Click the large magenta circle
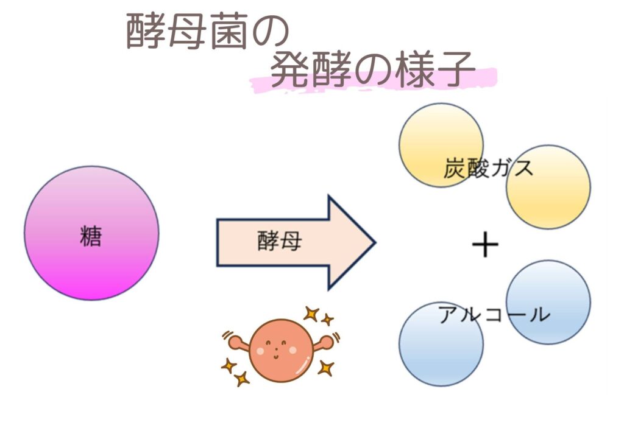[x=91, y=233]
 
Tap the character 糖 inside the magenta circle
[x=91, y=236]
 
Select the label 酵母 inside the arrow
[x=279, y=241]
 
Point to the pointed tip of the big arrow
[x=375, y=242]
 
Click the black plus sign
[x=485, y=245]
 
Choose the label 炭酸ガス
[x=488, y=168]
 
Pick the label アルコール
[x=494, y=314]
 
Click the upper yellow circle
[x=441, y=145]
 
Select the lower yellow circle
[x=548, y=187]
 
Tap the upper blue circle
[x=548, y=302]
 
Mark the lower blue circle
[x=441, y=344]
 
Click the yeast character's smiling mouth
[x=276, y=356]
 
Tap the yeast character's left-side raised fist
[x=236, y=342]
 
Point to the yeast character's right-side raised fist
[x=327, y=342]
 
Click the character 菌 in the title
[x=230, y=31]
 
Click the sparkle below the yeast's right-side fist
[x=325, y=368]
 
